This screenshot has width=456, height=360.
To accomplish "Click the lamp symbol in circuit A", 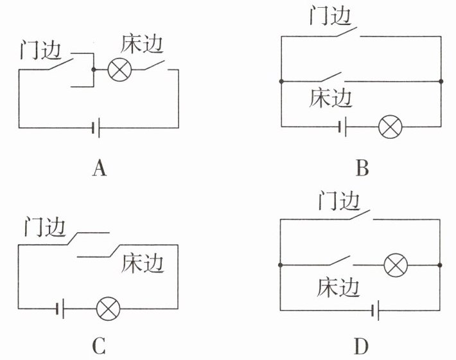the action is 119,69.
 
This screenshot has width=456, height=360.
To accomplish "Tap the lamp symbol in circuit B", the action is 390,127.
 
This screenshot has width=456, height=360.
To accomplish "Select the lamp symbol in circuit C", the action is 108,309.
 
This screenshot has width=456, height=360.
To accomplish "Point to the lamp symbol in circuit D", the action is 396,265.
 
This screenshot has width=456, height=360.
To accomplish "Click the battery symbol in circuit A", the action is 96,128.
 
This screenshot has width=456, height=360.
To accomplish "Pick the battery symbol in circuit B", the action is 342,127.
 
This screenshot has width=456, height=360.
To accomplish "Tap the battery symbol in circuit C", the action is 60,309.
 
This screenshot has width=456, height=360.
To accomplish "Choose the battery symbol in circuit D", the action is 375,310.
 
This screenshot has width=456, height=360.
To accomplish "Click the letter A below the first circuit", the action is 100,168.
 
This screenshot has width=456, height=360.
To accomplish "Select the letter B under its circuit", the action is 362,168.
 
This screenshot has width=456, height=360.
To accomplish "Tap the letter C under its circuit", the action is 99,346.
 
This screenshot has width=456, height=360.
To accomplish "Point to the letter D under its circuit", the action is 362,346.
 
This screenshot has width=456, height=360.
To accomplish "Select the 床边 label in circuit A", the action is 142,44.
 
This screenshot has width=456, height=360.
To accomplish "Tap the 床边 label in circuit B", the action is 330,98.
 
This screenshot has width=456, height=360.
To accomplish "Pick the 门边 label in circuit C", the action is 44,226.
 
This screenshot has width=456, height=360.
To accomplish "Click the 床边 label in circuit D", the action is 338,287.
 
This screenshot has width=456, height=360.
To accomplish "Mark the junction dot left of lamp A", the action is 93,69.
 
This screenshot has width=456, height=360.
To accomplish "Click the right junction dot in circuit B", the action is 441,81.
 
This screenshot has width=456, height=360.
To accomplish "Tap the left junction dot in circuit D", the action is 281,265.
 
